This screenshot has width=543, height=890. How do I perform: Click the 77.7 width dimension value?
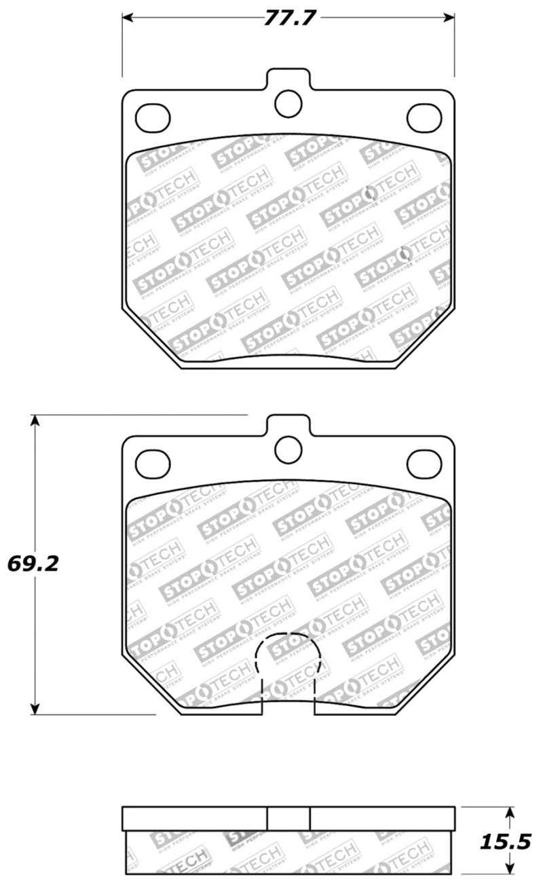click(288, 18)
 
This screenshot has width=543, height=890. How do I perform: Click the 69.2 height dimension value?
click(31, 563)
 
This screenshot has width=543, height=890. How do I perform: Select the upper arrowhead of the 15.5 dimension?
click(510, 813)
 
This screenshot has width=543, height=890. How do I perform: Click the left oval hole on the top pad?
click(153, 118)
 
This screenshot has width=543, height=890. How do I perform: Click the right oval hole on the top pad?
click(424, 118)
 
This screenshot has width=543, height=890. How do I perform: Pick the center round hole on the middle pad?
click(288, 448)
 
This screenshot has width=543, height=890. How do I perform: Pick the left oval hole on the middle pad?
click(153, 463)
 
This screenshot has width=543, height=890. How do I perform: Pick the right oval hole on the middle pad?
click(424, 463)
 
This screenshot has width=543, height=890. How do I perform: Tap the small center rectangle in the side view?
click(288, 818)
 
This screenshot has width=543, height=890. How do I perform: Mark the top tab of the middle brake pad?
click(288, 424)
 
